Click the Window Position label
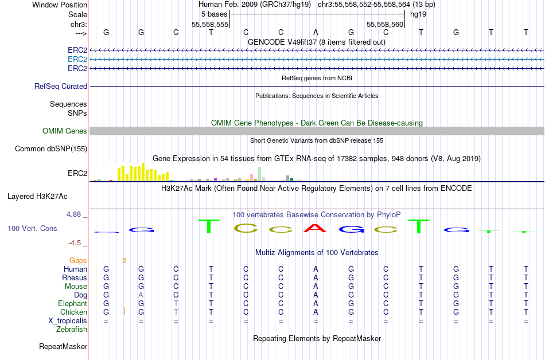tap(60, 5)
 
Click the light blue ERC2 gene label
tap(77, 60)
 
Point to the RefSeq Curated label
tap(61, 86)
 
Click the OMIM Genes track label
tap(65, 131)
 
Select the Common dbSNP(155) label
tap(51, 149)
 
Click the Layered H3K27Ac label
tap(37, 197)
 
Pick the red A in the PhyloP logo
tap(316, 228)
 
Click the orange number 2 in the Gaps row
tap(124, 260)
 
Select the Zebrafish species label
tap(72, 329)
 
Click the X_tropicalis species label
tap(68, 321)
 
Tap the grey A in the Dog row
tap(141, 295)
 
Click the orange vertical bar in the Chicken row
tap(125, 311)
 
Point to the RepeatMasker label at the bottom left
tap(63, 346)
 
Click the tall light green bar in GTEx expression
tap(260, 174)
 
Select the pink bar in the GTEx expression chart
tap(252, 177)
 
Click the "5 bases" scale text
tap(214, 14)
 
